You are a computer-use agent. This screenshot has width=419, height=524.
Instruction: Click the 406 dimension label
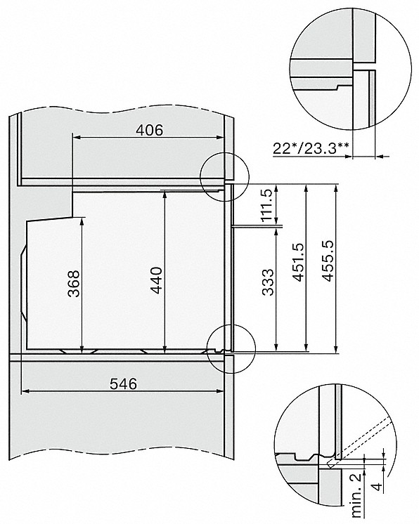point(150,130)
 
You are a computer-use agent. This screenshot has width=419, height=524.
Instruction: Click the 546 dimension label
point(124,384)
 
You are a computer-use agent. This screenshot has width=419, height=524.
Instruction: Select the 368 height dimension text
point(74,283)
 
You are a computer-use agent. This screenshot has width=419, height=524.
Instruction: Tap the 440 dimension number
point(156,280)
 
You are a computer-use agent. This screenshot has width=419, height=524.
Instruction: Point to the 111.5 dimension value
point(266,205)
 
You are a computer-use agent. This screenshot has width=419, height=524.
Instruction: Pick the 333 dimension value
point(268,282)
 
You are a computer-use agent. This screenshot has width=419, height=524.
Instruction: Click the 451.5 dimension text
point(297,262)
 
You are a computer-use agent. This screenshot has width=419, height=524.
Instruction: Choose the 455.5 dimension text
point(327,261)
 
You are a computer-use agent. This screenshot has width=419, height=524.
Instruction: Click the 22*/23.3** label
point(311,148)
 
